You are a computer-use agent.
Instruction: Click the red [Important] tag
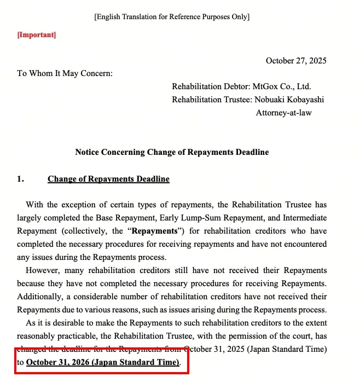pos(37,35)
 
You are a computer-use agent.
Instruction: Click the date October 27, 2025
pos(296,61)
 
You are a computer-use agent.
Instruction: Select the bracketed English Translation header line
pos(172,16)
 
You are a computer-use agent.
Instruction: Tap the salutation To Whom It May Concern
pos(65,73)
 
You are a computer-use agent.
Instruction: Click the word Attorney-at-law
pos(284,113)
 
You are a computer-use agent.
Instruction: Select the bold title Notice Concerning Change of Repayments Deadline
pos(172,152)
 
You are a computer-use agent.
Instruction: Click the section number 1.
pos(20,179)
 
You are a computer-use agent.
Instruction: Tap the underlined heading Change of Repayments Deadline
pos(108,179)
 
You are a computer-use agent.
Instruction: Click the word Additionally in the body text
pos(41,297)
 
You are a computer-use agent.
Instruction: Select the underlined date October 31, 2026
pos(102,362)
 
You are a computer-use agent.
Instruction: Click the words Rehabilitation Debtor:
pos(211,86)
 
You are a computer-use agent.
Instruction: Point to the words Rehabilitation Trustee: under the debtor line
pos(212,100)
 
